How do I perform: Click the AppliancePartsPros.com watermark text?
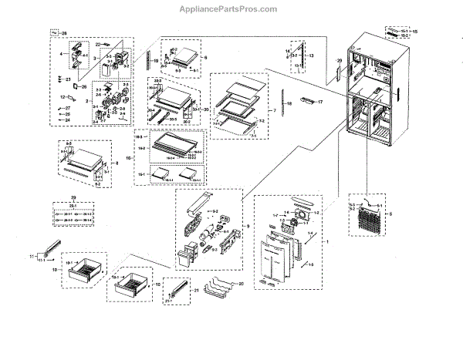click(x=231, y=9)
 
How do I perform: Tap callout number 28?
click(x=64, y=33)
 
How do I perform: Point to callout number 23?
click(x=68, y=79)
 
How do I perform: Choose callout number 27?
click(x=67, y=108)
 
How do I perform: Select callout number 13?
click(x=312, y=56)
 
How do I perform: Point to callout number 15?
click(x=415, y=32)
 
